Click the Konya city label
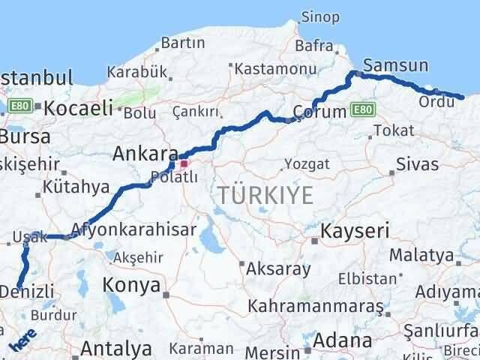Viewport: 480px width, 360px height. point(131,285)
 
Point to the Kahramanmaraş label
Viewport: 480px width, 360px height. point(315,306)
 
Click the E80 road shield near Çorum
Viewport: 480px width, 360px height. point(362,110)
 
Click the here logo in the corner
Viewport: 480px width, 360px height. point(23,340)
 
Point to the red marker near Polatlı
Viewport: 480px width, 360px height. point(184,162)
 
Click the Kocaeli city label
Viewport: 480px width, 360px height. point(78,108)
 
